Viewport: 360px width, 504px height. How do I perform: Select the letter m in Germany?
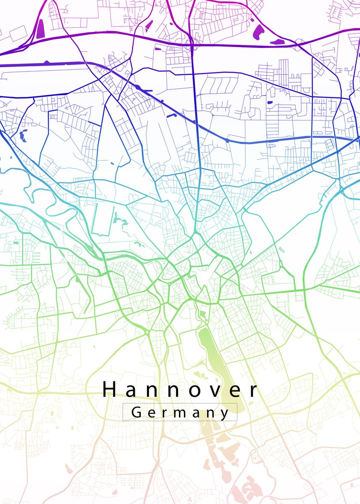pyautogui.click(x=181, y=413)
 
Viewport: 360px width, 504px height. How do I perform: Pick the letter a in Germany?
pyautogui.click(x=197, y=413)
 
